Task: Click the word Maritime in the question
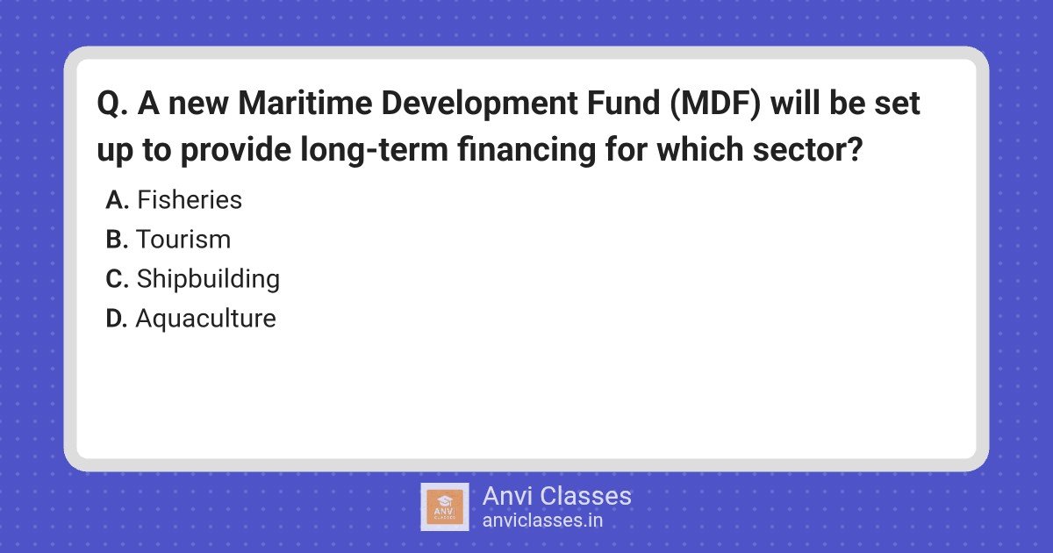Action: [305, 103]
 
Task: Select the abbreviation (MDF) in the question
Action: [715, 104]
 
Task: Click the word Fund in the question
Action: [623, 103]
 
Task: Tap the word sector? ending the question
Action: [807, 149]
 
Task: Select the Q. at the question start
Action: [113, 104]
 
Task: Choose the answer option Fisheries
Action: [190, 200]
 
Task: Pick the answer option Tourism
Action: [183, 240]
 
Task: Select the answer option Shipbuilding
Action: [208, 280]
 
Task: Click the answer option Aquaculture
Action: [206, 320]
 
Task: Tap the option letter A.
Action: [118, 200]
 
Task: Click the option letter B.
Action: [117, 240]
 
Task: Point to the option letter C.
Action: [117, 279]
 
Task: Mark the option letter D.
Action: [117, 319]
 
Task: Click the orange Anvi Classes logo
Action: [445, 507]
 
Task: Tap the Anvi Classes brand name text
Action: [557, 496]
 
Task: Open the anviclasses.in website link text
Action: [542, 521]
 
